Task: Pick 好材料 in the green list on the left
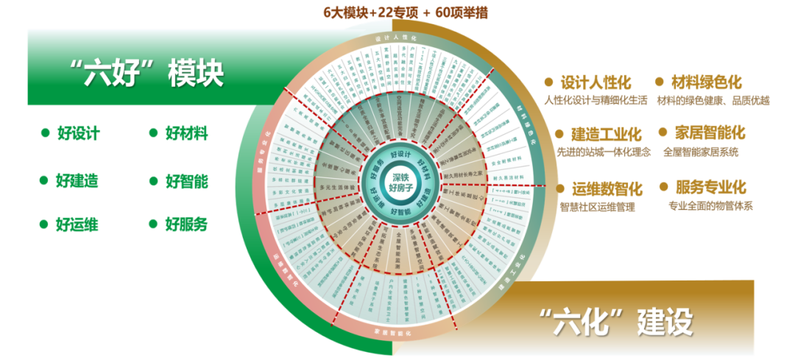click(186, 133)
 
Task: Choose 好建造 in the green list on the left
click(78, 180)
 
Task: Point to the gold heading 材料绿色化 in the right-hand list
click(706, 82)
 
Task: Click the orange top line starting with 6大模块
click(405, 13)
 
